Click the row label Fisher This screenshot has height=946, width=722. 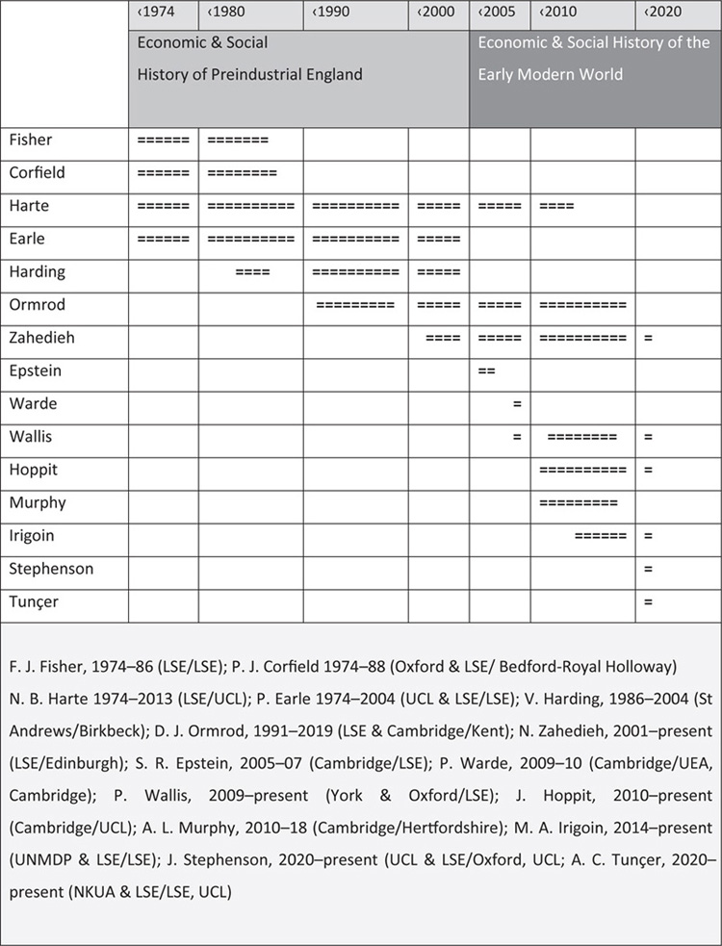pos(32,140)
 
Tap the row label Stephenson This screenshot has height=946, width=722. pos(51,568)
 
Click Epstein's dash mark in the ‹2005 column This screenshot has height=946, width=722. pos(486,371)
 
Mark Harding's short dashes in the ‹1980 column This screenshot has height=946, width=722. pos(252,272)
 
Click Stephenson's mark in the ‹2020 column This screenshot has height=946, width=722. pos(648,569)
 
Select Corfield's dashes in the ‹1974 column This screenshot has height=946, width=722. pos(163,174)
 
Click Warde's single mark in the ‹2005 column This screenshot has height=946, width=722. pos(516,404)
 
